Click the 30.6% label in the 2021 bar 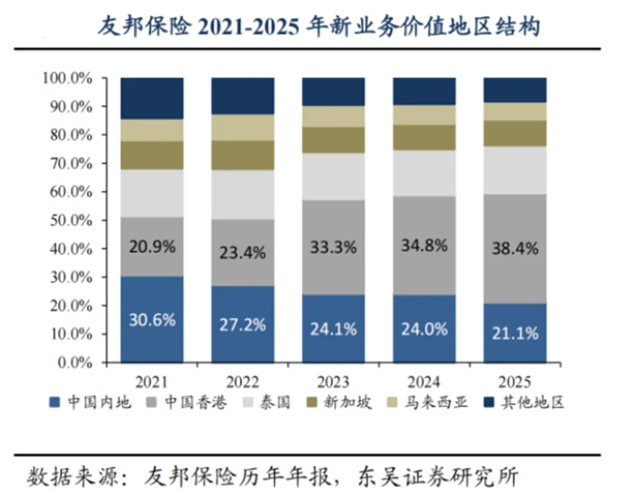click(x=152, y=320)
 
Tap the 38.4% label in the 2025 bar click(x=514, y=249)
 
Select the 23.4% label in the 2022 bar click(x=242, y=253)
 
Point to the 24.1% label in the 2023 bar click(x=334, y=328)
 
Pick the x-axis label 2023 click(x=334, y=382)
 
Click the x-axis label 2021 click(x=152, y=382)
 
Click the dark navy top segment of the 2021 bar click(x=152, y=98)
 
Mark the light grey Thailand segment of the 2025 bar click(x=514, y=170)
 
